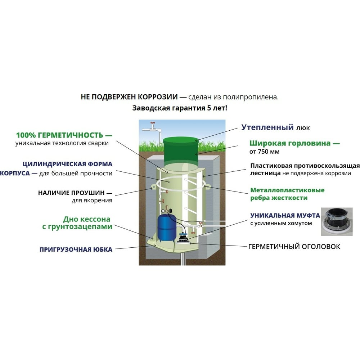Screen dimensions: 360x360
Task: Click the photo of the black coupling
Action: [337, 221]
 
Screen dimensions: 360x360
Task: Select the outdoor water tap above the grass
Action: [152, 128]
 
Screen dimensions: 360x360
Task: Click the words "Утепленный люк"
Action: [275, 127]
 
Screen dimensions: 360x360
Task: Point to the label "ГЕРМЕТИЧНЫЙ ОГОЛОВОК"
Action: [294, 246]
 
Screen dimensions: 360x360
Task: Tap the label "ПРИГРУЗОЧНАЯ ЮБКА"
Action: [76, 249]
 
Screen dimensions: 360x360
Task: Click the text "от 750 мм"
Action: [264, 152]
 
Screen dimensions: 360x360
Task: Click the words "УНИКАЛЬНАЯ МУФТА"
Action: [285, 215]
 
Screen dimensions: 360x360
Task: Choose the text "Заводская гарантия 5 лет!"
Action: [180, 108]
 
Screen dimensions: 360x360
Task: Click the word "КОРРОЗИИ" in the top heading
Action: [158, 97]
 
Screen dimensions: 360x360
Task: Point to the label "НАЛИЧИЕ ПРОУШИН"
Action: [71, 193]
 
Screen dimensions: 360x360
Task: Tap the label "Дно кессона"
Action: [87, 219]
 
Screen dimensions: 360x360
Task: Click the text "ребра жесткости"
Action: [279, 198]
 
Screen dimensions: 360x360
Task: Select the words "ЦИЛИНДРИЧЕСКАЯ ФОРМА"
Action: [68, 164]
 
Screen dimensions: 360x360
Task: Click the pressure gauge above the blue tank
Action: [163, 211]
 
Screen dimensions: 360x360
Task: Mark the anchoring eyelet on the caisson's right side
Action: [207, 186]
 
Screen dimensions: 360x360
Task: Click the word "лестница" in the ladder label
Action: [265, 173]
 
